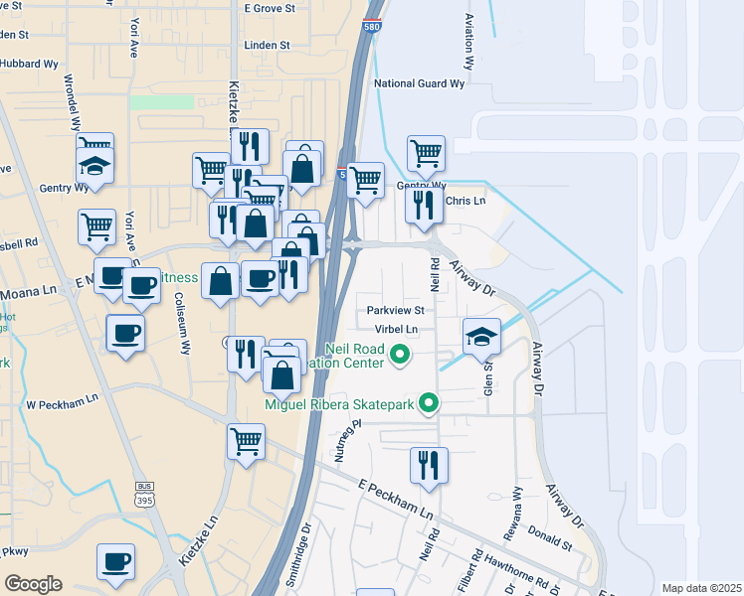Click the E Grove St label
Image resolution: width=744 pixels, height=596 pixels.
[272, 7]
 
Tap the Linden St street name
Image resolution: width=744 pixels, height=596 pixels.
[270, 45]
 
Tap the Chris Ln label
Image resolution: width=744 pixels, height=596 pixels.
[465, 201]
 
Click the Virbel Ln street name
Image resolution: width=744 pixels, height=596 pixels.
[397, 329]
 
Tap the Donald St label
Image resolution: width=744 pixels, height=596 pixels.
[554, 545]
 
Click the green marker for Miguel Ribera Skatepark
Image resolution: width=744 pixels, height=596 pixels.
[429, 402]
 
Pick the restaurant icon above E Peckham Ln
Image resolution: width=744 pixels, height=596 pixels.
[429, 464]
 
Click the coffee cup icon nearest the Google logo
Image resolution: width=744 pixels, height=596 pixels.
[115, 561]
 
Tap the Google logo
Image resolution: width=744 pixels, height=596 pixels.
[33, 584]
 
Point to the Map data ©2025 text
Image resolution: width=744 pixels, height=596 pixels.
[701, 588]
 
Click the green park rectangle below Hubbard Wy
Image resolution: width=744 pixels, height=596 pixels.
[162, 101]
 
